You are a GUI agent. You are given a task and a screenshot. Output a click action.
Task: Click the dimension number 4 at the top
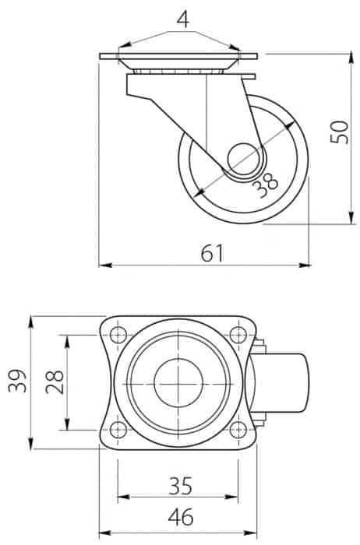183,19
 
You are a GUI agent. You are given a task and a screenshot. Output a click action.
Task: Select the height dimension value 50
340,132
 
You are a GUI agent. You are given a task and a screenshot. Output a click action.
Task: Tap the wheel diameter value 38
266,185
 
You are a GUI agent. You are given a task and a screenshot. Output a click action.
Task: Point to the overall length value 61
212,253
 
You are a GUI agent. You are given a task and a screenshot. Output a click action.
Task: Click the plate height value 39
18,381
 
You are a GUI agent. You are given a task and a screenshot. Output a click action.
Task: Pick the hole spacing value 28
55,382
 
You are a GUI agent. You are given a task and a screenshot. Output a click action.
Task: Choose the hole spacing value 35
180,486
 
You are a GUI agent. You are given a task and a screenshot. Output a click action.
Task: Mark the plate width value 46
181,517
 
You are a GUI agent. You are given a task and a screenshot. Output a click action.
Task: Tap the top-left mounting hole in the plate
118,335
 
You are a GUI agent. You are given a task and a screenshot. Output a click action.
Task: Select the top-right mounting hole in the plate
238,335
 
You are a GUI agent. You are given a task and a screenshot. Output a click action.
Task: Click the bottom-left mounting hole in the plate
118,430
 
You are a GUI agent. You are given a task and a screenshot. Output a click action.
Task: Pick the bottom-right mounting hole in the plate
238,430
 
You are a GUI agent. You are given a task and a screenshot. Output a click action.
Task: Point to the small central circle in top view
178,383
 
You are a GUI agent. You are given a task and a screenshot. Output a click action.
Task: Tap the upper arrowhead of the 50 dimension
352,60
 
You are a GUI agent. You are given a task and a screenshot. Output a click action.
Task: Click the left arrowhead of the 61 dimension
105,265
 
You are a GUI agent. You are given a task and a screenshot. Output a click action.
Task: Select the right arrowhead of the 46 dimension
250,533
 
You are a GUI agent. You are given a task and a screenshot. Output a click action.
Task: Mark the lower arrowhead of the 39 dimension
31,443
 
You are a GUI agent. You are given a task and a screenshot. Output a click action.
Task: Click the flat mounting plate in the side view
178,56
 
